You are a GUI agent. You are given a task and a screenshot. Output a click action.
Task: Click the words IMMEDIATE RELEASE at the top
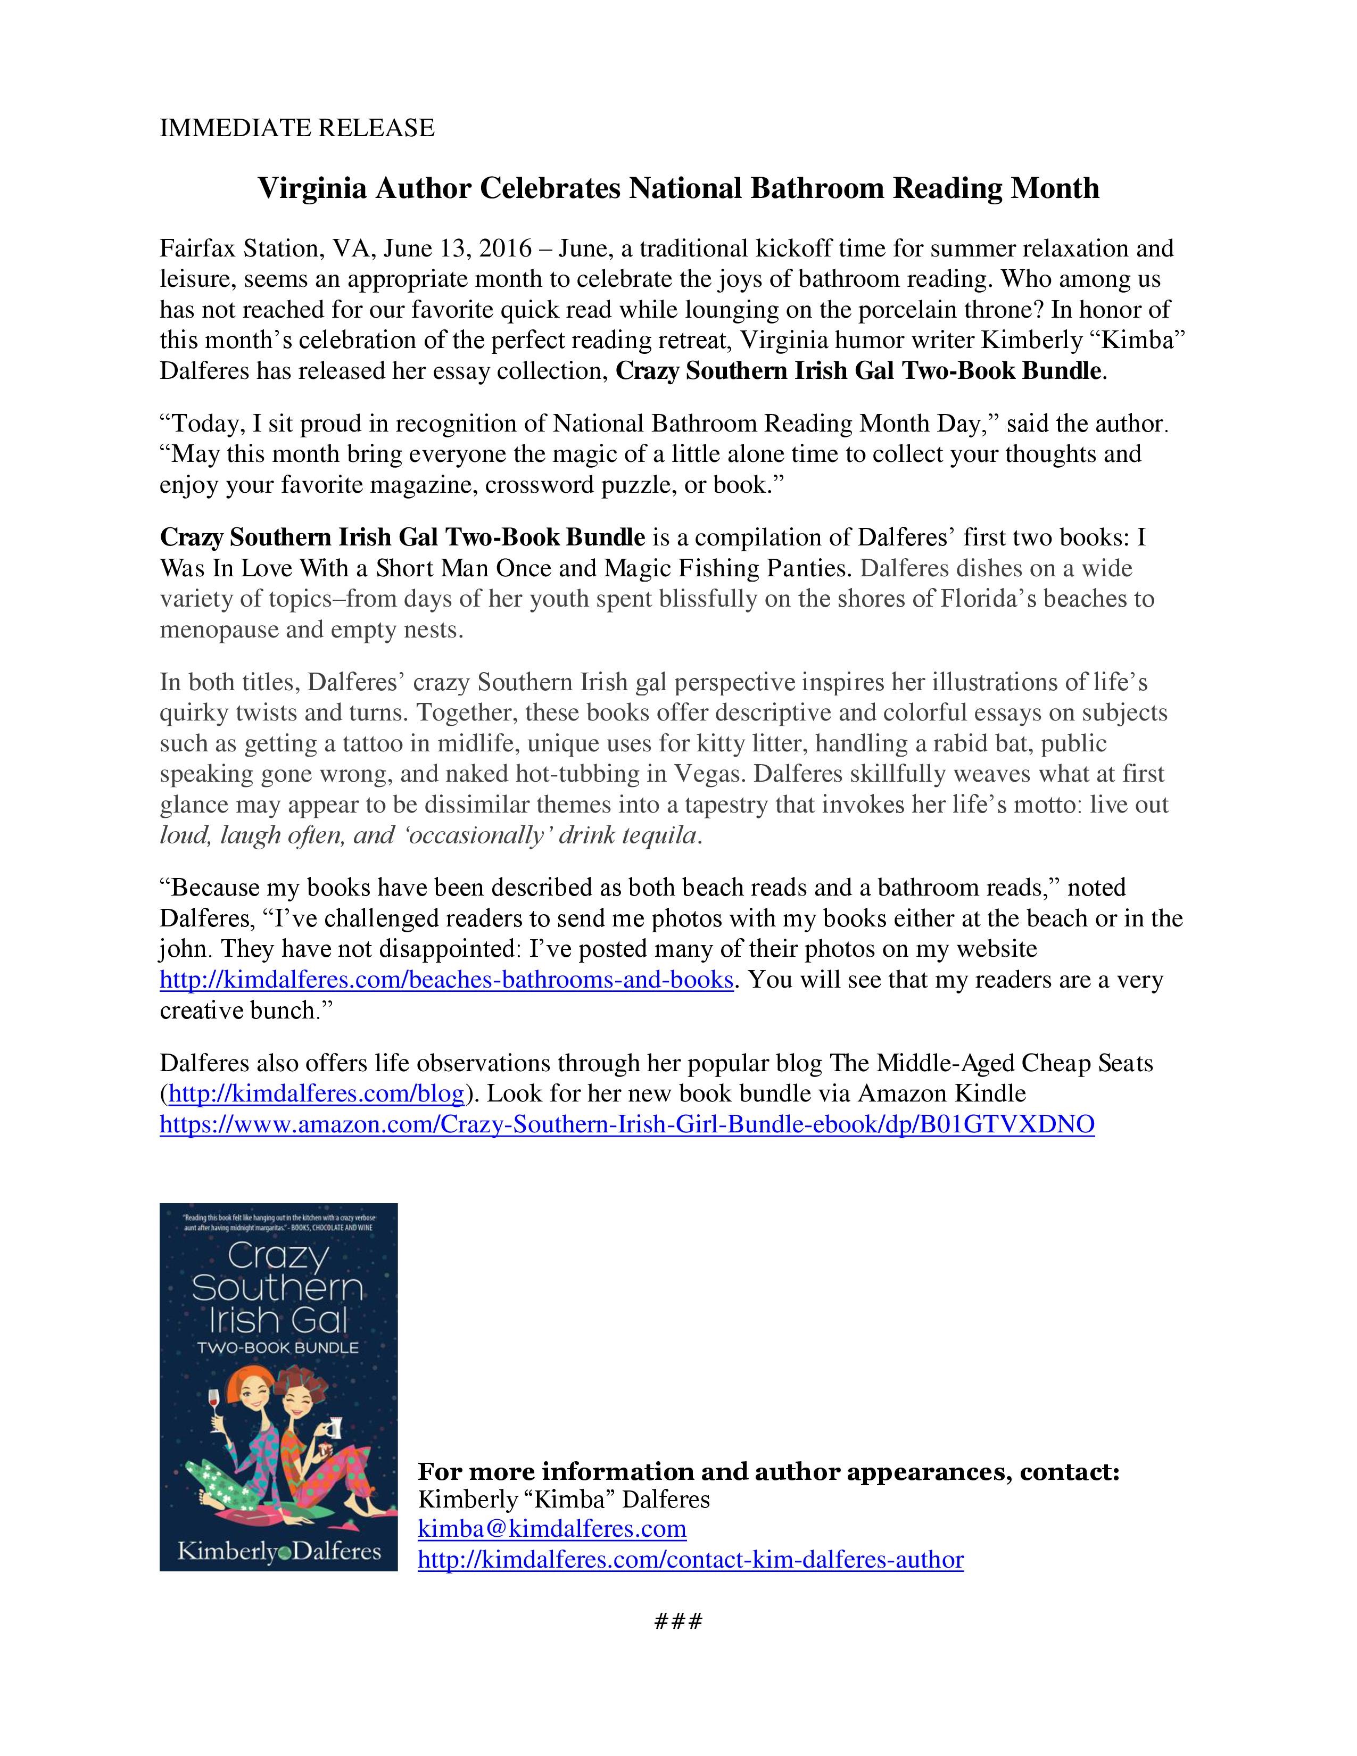(296, 128)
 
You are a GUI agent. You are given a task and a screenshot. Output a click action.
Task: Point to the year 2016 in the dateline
(506, 249)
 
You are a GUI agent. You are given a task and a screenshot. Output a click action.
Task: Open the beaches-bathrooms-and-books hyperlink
(446, 980)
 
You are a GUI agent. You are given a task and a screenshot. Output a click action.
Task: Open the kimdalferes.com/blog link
(316, 1094)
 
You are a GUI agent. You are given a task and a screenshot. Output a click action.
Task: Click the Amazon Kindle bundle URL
(627, 1124)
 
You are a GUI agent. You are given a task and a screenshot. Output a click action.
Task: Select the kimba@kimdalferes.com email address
(551, 1528)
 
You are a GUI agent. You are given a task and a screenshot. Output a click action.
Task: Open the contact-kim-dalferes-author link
(690, 1560)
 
